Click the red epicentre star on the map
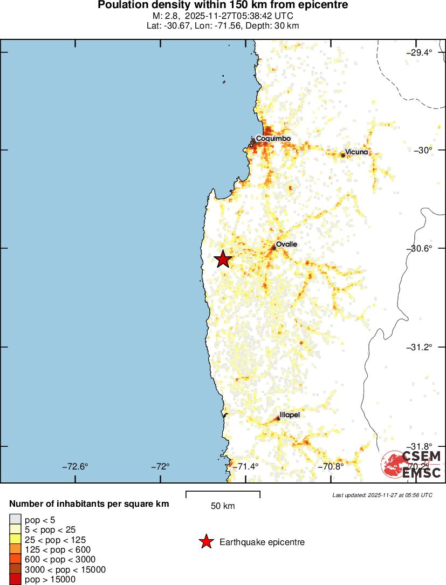[223, 259]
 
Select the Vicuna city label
[356, 152]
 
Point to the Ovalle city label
[286, 244]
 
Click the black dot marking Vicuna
[343, 155]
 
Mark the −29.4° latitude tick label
[420, 52]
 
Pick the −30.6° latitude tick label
[420, 248]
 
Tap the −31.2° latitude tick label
[420, 346]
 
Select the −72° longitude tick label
[160, 466]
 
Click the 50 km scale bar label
[223, 506]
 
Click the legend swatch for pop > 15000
[16, 580]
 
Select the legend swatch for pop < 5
[16, 520]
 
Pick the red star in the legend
[205, 542]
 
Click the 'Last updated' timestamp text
[382, 495]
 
